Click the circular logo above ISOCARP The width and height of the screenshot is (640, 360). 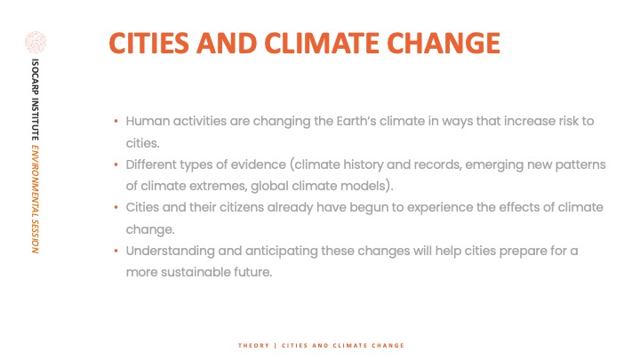pos(36,42)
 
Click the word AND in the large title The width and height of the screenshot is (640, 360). pos(227,43)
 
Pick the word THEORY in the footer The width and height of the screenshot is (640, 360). pos(253,345)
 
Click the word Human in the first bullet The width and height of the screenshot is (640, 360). pos(148,121)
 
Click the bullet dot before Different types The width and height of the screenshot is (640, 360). pos(116,165)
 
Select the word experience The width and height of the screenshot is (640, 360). pos(440,208)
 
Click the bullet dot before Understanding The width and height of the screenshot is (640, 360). pos(116,251)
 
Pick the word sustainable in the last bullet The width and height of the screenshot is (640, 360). pos(196,272)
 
